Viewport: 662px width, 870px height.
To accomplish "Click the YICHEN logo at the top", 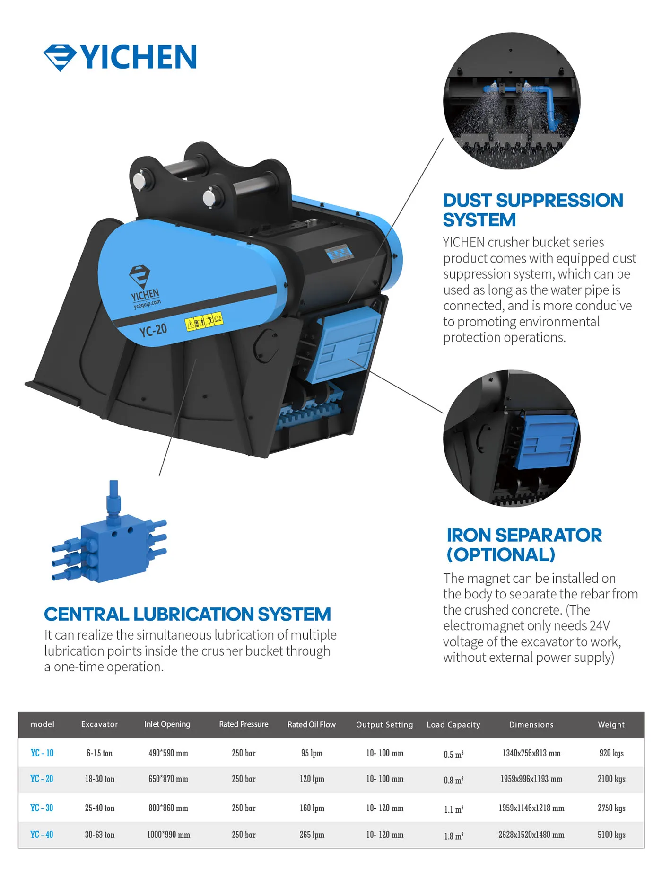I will [x=121, y=57].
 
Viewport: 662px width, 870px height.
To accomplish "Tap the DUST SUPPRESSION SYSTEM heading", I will [x=532, y=210].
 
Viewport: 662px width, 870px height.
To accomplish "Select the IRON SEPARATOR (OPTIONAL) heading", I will [x=524, y=545].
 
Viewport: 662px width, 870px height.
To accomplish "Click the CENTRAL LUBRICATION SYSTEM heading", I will [x=187, y=614].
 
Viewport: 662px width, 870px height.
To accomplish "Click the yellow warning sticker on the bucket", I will [x=204, y=322].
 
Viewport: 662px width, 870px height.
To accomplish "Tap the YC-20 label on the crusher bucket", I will [x=153, y=330].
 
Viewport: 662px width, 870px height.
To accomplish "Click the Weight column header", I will [x=611, y=724].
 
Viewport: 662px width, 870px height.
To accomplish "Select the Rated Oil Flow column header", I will [x=312, y=724].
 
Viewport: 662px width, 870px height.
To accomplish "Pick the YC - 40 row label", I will [x=42, y=835].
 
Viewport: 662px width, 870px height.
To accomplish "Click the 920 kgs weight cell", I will [x=611, y=753].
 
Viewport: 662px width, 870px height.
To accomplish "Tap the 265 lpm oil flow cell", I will [x=312, y=835].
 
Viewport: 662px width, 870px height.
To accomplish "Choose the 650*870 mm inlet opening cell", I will [x=168, y=779].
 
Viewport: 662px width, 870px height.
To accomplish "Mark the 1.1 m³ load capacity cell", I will [x=453, y=809].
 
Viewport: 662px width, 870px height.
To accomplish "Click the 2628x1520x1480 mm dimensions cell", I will [x=531, y=835].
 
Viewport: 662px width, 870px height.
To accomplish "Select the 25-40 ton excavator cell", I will [x=100, y=808].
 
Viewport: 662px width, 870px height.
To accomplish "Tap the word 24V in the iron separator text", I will [x=600, y=625].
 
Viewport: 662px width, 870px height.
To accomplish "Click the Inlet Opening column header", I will [x=167, y=724].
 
